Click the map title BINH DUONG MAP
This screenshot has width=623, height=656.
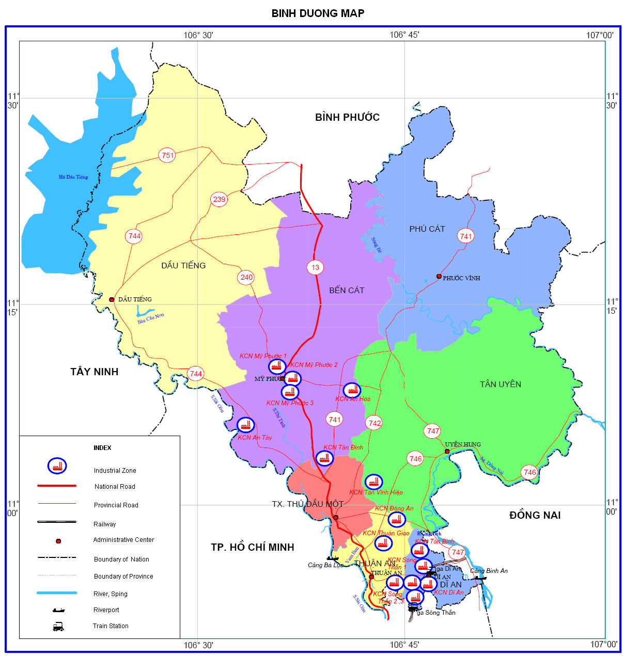pos(318,13)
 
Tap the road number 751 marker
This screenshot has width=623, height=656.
pos(167,155)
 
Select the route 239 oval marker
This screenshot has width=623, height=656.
pos(219,199)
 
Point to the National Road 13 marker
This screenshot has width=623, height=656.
pos(315,267)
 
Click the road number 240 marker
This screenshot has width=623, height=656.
pos(246,277)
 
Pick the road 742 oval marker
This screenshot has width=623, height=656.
pos(375,423)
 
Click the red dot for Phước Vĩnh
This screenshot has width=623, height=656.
pos(439,277)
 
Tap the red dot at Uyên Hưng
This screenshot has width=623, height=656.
pos(447,452)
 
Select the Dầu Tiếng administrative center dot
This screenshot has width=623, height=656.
pos(112,299)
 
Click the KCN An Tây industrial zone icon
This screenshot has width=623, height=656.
pos(245,425)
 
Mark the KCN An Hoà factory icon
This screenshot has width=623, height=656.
pos(352,390)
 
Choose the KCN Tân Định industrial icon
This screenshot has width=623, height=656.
pos(324,458)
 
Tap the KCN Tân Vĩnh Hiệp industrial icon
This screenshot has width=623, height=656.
pos(374,482)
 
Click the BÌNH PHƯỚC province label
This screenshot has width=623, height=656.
pos(347,118)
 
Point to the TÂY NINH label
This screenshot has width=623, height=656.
pos(95,372)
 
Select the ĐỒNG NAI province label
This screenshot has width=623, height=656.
pos(535,515)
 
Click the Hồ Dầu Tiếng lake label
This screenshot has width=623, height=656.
pos(73,177)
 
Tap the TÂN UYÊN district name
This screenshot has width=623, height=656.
pos(500,384)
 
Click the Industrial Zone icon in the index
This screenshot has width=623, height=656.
pos(57,466)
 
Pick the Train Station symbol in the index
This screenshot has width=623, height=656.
pos(58,627)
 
